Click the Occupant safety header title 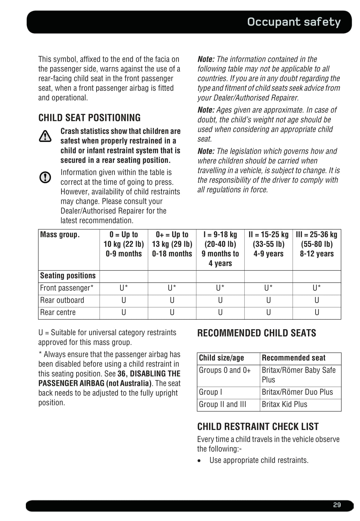pyautogui.click(x=294, y=22)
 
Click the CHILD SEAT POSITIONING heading pyautogui.click(x=90, y=118)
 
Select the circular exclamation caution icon pyautogui.click(x=45, y=177)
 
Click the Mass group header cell pyautogui.click(x=60, y=235)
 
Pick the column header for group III pyautogui.click(x=316, y=244)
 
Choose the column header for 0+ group pyautogui.click(x=172, y=244)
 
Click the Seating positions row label pyautogui.click(x=68, y=276)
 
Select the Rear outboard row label pyautogui.click(x=62, y=300)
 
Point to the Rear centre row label pyautogui.click(x=58, y=312)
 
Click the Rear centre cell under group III pyautogui.click(x=317, y=312)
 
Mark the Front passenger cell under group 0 pyautogui.click(x=124, y=288)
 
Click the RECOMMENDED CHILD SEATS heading pyautogui.click(x=257, y=333)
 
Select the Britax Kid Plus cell pyautogui.click(x=284, y=404)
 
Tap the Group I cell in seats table pyautogui.click(x=211, y=392)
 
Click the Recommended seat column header pyautogui.click(x=293, y=358)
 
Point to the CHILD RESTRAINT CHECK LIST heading pyautogui.click(x=258, y=427)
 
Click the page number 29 pyautogui.click(x=337, y=505)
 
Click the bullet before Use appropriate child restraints pyautogui.click(x=199, y=461)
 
